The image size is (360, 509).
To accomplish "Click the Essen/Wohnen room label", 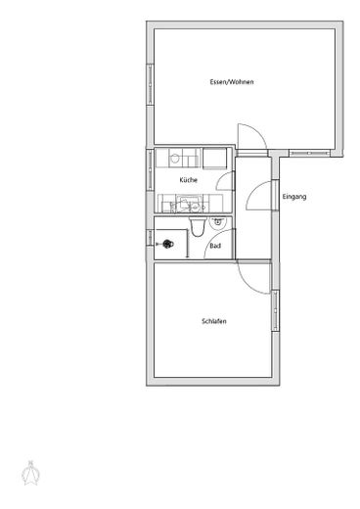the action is tap(232, 82).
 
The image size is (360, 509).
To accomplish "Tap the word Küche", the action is tap(188, 180).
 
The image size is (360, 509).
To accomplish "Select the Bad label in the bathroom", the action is tap(215, 246).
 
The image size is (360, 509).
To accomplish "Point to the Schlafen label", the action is tap(214, 321).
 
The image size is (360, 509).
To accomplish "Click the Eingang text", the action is tap(294, 197).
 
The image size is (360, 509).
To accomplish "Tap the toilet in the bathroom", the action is tap(197, 226).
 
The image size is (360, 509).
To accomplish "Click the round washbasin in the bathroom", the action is tap(217, 222).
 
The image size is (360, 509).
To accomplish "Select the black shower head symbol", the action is tap(167, 244).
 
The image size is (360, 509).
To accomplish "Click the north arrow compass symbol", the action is tap(30, 473).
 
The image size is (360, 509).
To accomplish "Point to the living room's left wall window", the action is tap(150, 84).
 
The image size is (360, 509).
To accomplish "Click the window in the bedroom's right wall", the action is tap(276, 311).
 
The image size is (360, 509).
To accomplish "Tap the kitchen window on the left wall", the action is tap(150, 169).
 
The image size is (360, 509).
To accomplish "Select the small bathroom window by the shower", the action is tap(150, 238).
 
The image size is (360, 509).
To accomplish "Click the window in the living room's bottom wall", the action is tap(309, 153).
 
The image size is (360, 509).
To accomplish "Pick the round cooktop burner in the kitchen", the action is tap(175, 159).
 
